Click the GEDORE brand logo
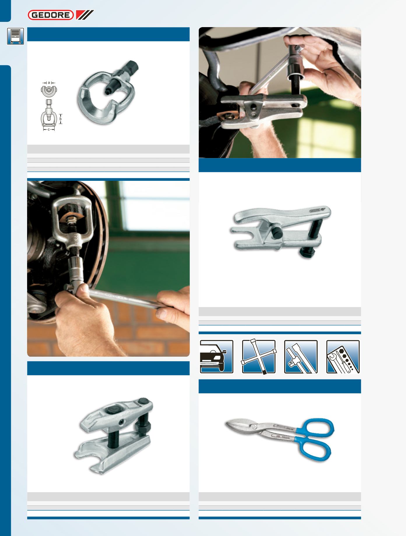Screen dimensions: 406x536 pos(51,15)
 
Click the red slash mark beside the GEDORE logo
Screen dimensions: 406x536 pos(85,15)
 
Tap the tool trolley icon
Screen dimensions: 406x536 pos(15,36)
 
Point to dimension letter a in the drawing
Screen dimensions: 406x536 pos(49,83)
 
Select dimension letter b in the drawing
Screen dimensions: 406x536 pos(61,119)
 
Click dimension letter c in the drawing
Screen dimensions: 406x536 pos(49,129)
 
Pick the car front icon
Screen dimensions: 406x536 pos(216,357)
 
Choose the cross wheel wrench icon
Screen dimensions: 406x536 pos(259,357)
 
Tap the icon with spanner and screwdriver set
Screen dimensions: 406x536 pos(343,357)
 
